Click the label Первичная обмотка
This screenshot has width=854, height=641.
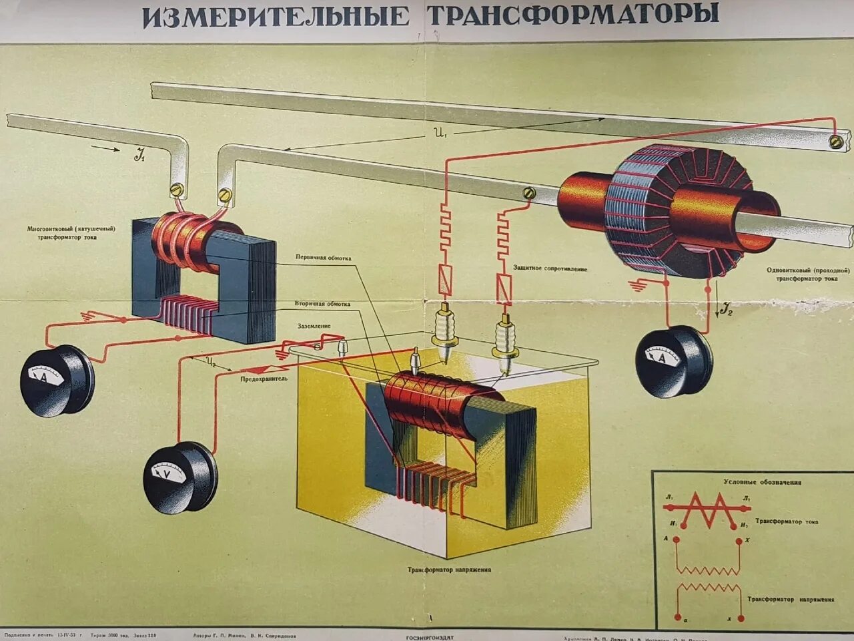pyautogui.click(x=323, y=258)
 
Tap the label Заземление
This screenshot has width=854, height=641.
pyautogui.click(x=314, y=327)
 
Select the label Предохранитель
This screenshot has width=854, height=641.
pyautogui.click(x=264, y=379)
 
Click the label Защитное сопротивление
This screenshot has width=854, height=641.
pyautogui.click(x=550, y=268)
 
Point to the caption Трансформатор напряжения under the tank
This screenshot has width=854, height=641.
pyautogui.click(x=450, y=570)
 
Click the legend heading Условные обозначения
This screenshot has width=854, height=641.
pyautogui.click(x=762, y=482)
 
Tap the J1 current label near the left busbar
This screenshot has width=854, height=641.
pyautogui.click(x=139, y=158)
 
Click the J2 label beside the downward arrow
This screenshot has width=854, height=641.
pyautogui.click(x=727, y=308)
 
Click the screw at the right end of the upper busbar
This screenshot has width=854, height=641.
pyautogui.click(x=835, y=141)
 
